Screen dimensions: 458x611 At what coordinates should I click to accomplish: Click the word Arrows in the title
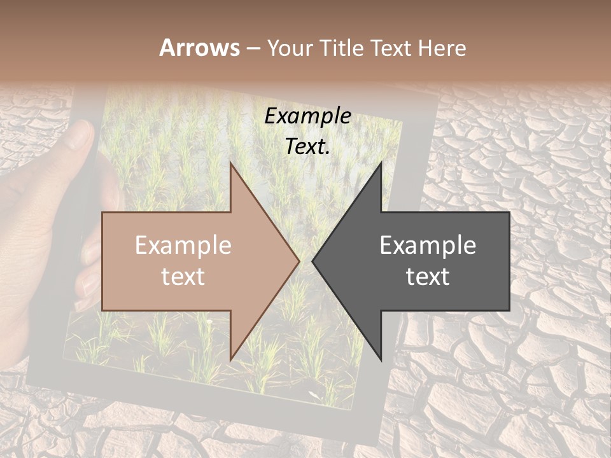[x=200, y=48]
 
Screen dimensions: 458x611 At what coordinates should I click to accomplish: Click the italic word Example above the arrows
[x=307, y=116]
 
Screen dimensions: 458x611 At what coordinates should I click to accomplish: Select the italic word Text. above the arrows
[x=307, y=147]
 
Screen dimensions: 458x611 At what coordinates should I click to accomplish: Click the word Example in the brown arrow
[x=183, y=246]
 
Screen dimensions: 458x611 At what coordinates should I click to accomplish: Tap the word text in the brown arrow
[x=183, y=277]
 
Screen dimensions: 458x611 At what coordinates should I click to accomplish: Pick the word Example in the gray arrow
[x=427, y=246]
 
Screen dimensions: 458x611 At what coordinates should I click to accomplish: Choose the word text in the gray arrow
[x=427, y=277]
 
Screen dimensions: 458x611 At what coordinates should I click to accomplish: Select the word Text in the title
[x=388, y=48]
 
